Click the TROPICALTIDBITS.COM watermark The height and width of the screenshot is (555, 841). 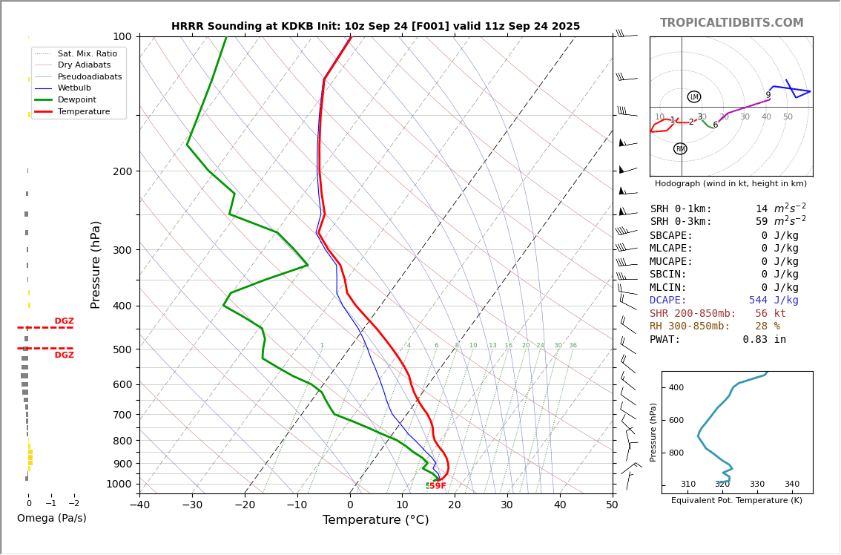coord(731,23)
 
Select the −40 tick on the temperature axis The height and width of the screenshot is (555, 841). coord(139,505)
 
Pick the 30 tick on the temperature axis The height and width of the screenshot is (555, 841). coord(507,505)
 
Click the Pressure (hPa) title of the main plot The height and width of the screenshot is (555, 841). coord(96,264)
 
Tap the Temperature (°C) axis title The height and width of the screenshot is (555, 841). coord(375,520)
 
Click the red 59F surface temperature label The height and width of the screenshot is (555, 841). coord(438,486)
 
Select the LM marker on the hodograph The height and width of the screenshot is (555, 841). coord(694,97)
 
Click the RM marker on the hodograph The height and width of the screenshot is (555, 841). coord(680,149)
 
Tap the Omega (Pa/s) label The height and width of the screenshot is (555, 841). coord(51,519)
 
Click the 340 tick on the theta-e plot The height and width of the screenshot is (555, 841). coord(791,485)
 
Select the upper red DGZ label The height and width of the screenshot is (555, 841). coord(64,321)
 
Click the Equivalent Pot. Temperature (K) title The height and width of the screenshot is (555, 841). coord(736,501)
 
